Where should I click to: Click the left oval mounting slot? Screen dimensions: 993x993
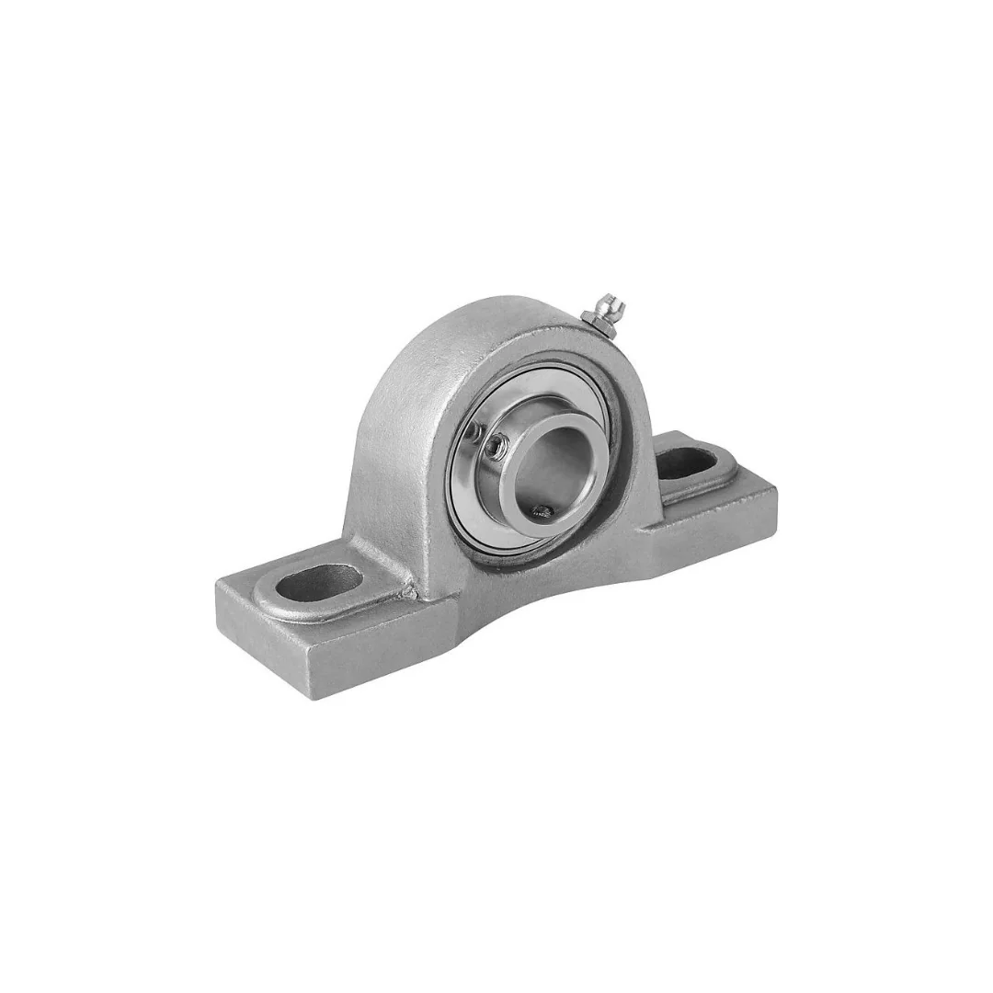point(319,583)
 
